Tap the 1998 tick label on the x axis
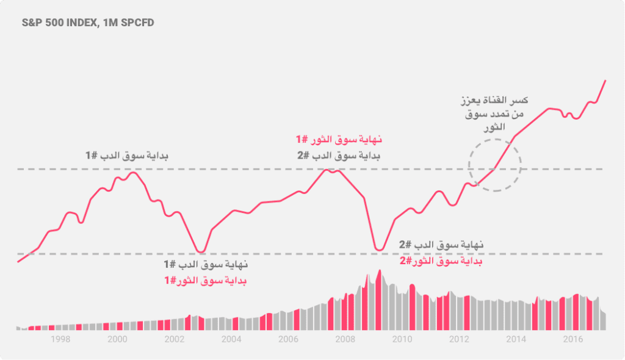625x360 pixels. click(x=60, y=340)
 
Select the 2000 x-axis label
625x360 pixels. click(x=117, y=340)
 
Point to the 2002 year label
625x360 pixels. click(x=175, y=340)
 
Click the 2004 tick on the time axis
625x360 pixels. click(x=231, y=340)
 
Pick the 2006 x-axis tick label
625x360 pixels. click(x=288, y=340)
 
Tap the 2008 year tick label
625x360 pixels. click(x=345, y=340)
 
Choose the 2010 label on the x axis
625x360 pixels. click(x=402, y=340)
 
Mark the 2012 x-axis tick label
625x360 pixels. click(x=459, y=340)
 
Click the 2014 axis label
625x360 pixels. click(x=516, y=340)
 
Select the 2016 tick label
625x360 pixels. click(x=572, y=340)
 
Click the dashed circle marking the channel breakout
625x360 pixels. click(x=495, y=165)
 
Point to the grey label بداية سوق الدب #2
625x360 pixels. click(x=339, y=156)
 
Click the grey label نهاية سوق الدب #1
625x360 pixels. click(x=206, y=265)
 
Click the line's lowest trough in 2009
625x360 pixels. click(x=379, y=250)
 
